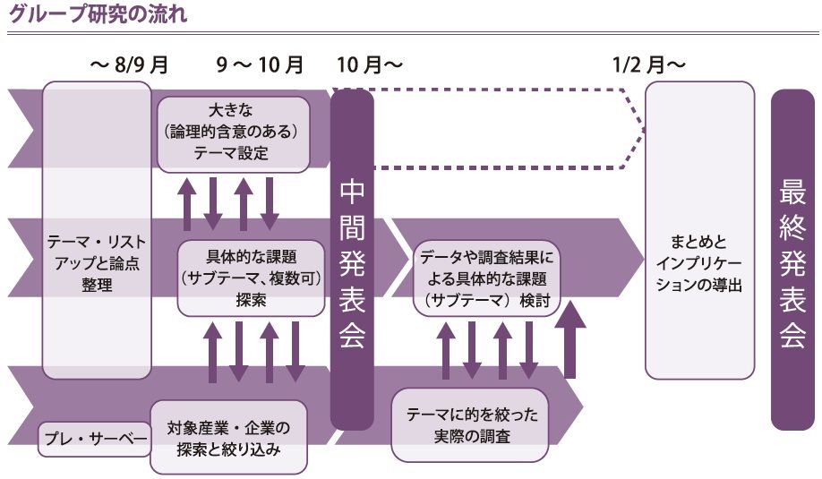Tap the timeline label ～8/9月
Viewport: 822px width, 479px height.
(129, 65)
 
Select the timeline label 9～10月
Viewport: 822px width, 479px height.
(260, 65)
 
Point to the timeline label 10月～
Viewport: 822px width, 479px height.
(370, 65)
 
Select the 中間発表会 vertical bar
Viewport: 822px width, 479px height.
(352, 260)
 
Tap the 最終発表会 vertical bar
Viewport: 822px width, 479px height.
(792, 260)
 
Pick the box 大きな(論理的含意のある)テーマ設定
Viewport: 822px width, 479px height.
(233, 134)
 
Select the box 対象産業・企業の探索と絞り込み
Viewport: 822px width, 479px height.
(228, 436)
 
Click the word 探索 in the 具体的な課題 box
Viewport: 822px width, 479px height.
(251, 300)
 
